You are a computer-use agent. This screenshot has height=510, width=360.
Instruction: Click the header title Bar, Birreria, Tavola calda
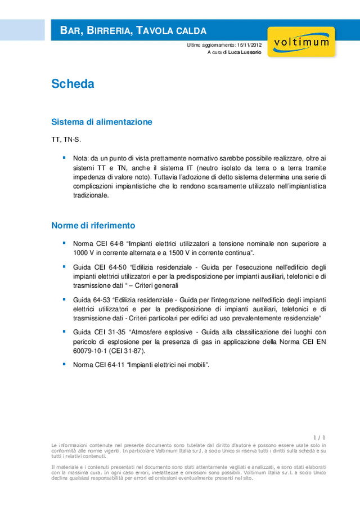tap(133, 30)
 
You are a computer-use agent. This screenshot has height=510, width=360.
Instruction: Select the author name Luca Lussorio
tap(245, 52)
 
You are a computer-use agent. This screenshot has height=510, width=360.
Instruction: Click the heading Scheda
tap(73, 84)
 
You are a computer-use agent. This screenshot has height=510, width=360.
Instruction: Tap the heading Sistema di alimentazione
tap(101, 122)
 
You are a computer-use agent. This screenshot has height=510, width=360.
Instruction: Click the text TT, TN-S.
tap(65, 138)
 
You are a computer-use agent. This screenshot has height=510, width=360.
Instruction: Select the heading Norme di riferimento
tap(93, 225)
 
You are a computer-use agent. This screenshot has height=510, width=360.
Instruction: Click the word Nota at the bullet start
tap(80, 158)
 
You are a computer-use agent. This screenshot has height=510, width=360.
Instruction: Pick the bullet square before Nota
tap(64, 158)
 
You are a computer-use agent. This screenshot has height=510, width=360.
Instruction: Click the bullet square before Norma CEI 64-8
tap(64, 243)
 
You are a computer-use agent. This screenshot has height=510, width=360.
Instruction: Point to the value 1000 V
tap(85, 253)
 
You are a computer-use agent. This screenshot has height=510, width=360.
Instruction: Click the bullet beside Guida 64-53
tap(64, 298)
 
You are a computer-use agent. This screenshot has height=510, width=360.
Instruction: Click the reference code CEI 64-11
tap(109, 365)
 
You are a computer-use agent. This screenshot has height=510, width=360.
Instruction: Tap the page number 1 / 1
tap(319, 437)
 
